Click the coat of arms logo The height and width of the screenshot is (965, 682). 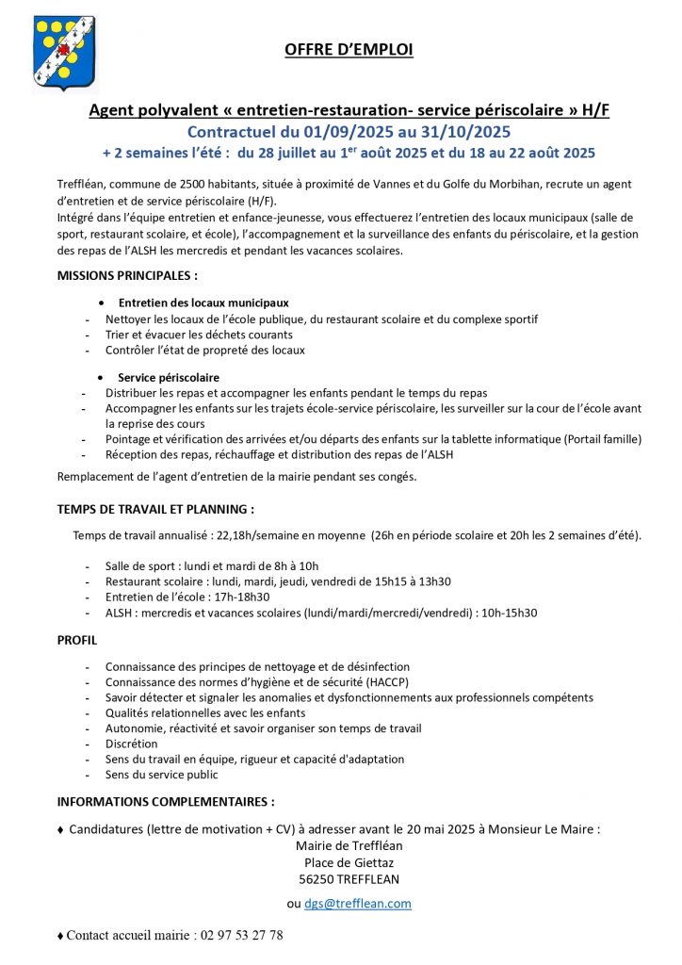(x=63, y=54)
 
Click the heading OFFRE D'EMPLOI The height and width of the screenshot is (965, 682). (x=349, y=50)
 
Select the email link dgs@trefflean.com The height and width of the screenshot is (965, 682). (x=358, y=903)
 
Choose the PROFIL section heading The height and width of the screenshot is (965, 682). (x=77, y=640)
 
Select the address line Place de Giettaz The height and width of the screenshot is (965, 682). (x=349, y=862)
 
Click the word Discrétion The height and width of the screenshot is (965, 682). (x=131, y=744)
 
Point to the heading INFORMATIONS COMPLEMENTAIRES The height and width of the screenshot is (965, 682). (x=166, y=802)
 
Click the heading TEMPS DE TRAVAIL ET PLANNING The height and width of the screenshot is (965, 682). (x=155, y=509)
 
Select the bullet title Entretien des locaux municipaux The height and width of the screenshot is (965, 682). (x=203, y=303)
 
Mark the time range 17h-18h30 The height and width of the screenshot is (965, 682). (x=242, y=597)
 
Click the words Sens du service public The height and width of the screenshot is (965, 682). (x=161, y=775)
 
